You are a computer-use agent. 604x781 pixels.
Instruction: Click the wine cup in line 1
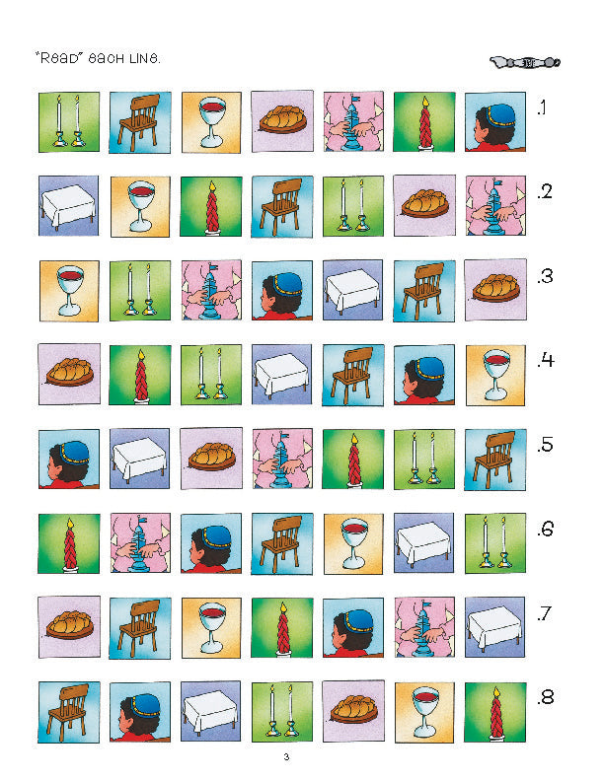(212, 122)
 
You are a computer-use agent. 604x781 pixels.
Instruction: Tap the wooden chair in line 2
(281, 206)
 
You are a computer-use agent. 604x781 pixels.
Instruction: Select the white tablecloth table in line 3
(352, 290)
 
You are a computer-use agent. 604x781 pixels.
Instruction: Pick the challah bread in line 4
(69, 372)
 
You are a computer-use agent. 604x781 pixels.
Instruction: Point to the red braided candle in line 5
(354, 460)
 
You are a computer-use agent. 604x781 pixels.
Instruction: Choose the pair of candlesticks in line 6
(494, 542)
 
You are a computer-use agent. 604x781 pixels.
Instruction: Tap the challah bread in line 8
(353, 709)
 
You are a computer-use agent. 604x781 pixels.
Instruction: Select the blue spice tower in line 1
(353, 121)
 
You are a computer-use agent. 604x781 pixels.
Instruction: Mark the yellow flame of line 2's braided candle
(212, 186)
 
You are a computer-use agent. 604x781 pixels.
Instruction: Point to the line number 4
(545, 360)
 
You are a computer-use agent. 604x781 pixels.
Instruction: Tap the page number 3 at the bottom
(286, 757)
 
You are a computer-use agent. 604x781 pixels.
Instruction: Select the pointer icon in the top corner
(525, 62)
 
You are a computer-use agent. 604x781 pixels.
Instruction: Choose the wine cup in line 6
(354, 544)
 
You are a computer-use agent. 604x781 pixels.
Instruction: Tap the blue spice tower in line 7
(424, 627)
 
